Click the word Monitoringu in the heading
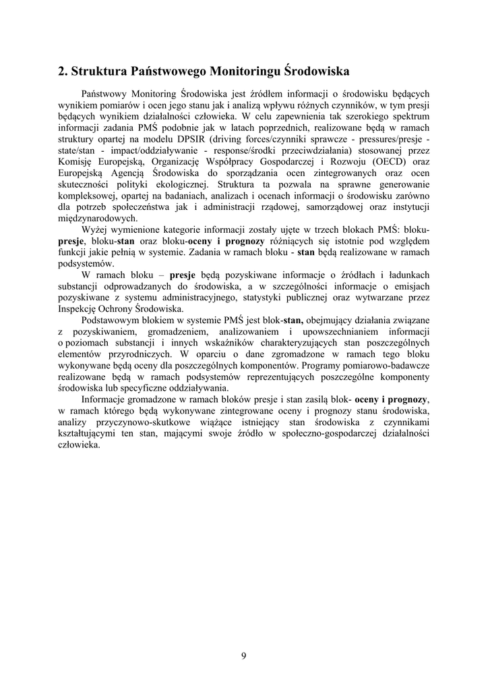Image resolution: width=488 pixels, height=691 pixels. coord(246,70)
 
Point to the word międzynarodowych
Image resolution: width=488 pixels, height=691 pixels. coord(98,219)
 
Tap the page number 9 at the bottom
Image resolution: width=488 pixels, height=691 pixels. coord(243,655)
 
